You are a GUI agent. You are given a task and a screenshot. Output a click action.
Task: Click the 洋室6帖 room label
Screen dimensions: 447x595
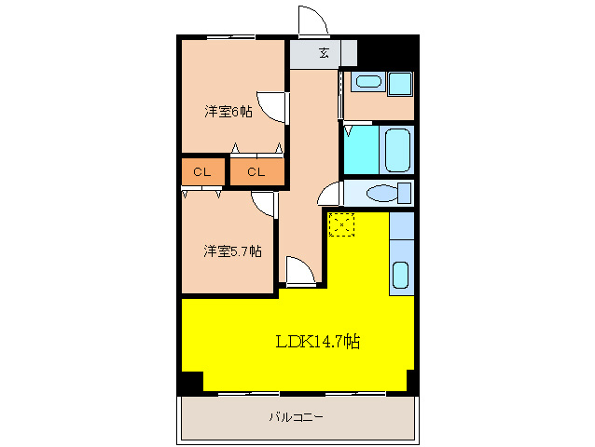point(228,112)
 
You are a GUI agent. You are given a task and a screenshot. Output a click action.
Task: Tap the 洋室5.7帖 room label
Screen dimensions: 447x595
point(232,251)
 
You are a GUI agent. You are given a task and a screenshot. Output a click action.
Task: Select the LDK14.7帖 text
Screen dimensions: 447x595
point(317,342)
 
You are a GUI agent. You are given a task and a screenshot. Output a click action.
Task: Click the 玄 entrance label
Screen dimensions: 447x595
point(324,53)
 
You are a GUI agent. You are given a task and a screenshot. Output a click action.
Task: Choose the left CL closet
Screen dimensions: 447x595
point(202,172)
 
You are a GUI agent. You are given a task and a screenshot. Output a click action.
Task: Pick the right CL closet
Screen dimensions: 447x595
point(256,172)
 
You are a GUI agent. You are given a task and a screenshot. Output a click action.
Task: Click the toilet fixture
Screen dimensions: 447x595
point(383,194)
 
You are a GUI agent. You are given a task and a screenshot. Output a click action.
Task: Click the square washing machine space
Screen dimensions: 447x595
point(400,83)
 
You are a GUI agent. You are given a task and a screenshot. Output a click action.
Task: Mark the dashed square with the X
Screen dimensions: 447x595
point(342,223)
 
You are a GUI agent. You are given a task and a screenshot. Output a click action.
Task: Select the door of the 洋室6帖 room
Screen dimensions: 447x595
point(270,107)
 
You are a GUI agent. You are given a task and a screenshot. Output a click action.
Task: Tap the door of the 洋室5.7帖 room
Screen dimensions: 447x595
point(263,205)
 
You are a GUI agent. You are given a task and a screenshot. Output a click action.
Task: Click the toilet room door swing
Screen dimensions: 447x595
point(330,195)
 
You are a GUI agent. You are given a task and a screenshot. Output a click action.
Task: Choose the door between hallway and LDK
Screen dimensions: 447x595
point(300,271)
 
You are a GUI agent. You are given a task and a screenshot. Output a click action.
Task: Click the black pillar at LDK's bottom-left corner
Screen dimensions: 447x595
point(190,380)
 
